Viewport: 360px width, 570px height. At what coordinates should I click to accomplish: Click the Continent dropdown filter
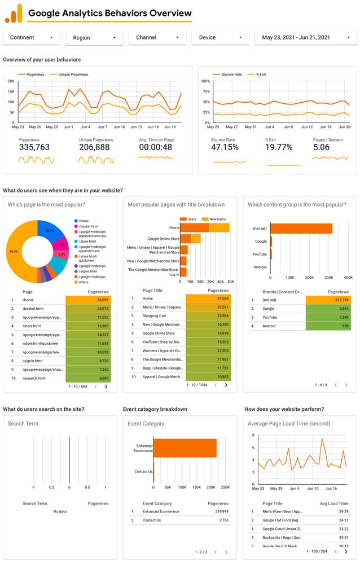coord(31,37)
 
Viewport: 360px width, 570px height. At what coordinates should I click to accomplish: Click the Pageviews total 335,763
coord(34,147)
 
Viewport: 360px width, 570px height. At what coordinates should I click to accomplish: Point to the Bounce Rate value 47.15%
coord(225,147)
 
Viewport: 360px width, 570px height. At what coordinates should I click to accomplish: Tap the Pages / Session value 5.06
coord(322,147)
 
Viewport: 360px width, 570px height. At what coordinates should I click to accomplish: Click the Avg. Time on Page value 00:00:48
coord(156,147)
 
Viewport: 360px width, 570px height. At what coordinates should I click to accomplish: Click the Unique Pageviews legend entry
coord(69,74)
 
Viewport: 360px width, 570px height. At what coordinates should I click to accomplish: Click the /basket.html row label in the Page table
coord(34,309)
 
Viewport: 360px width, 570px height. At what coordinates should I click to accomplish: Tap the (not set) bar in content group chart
coord(301,229)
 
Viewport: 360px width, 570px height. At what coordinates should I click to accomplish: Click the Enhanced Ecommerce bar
coord(185,448)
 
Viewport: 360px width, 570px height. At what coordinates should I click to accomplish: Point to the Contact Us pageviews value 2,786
coord(219,520)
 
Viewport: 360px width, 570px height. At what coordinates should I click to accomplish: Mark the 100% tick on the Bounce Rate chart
coord(206,81)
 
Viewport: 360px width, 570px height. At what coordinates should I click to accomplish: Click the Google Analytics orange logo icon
coord(14,13)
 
